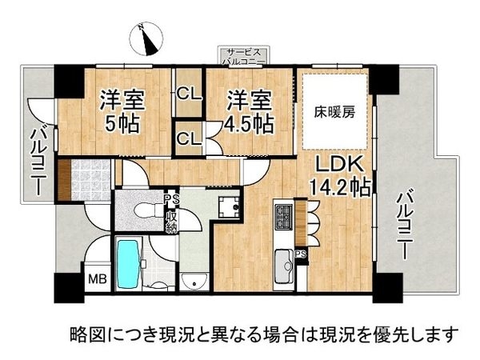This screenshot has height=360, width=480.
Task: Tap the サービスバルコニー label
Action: tap(247, 56)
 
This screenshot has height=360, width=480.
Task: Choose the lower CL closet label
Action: tap(189, 138)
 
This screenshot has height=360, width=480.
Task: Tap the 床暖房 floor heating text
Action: tap(333, 112)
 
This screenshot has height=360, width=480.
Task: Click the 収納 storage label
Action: tap(171, 217)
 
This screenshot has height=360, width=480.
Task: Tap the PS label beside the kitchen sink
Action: tap(301, 255)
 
